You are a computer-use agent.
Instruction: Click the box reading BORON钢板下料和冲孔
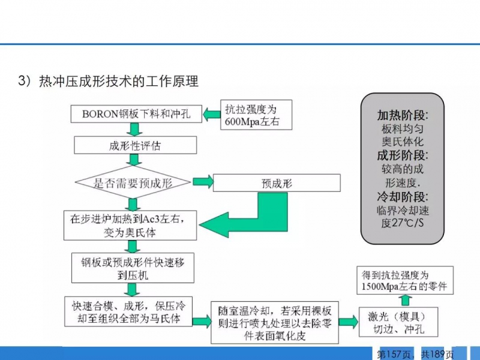tap(136, 114)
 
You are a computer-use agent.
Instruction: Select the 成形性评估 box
tap(136, 145)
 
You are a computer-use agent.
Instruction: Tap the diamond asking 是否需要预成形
tap(133, 182)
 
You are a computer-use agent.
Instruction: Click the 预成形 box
tap(277, 183)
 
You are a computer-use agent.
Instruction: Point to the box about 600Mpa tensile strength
tap(256, 115)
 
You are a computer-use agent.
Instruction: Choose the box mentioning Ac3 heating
tap(130, 226)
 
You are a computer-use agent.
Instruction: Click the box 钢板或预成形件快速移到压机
tap(133, 268)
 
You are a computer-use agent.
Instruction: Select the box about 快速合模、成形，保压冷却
tap(128, 311)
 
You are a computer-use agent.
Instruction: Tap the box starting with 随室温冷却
tap(275, 322)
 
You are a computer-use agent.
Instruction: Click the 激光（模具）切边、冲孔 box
tap(398, 322)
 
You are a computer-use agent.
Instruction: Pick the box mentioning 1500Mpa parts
tap(405, 280)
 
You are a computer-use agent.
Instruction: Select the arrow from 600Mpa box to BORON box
tap(212, 115)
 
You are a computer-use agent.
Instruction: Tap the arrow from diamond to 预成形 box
tap(203, 182)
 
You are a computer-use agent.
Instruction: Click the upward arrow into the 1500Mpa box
tap(405, 301)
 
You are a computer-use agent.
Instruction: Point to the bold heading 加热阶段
tap(403, 115)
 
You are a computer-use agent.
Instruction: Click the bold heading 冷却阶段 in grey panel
tap(403, 197)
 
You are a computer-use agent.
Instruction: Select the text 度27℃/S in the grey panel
tap(403, 223)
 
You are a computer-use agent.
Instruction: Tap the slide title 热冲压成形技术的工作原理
tap(119, 82)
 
